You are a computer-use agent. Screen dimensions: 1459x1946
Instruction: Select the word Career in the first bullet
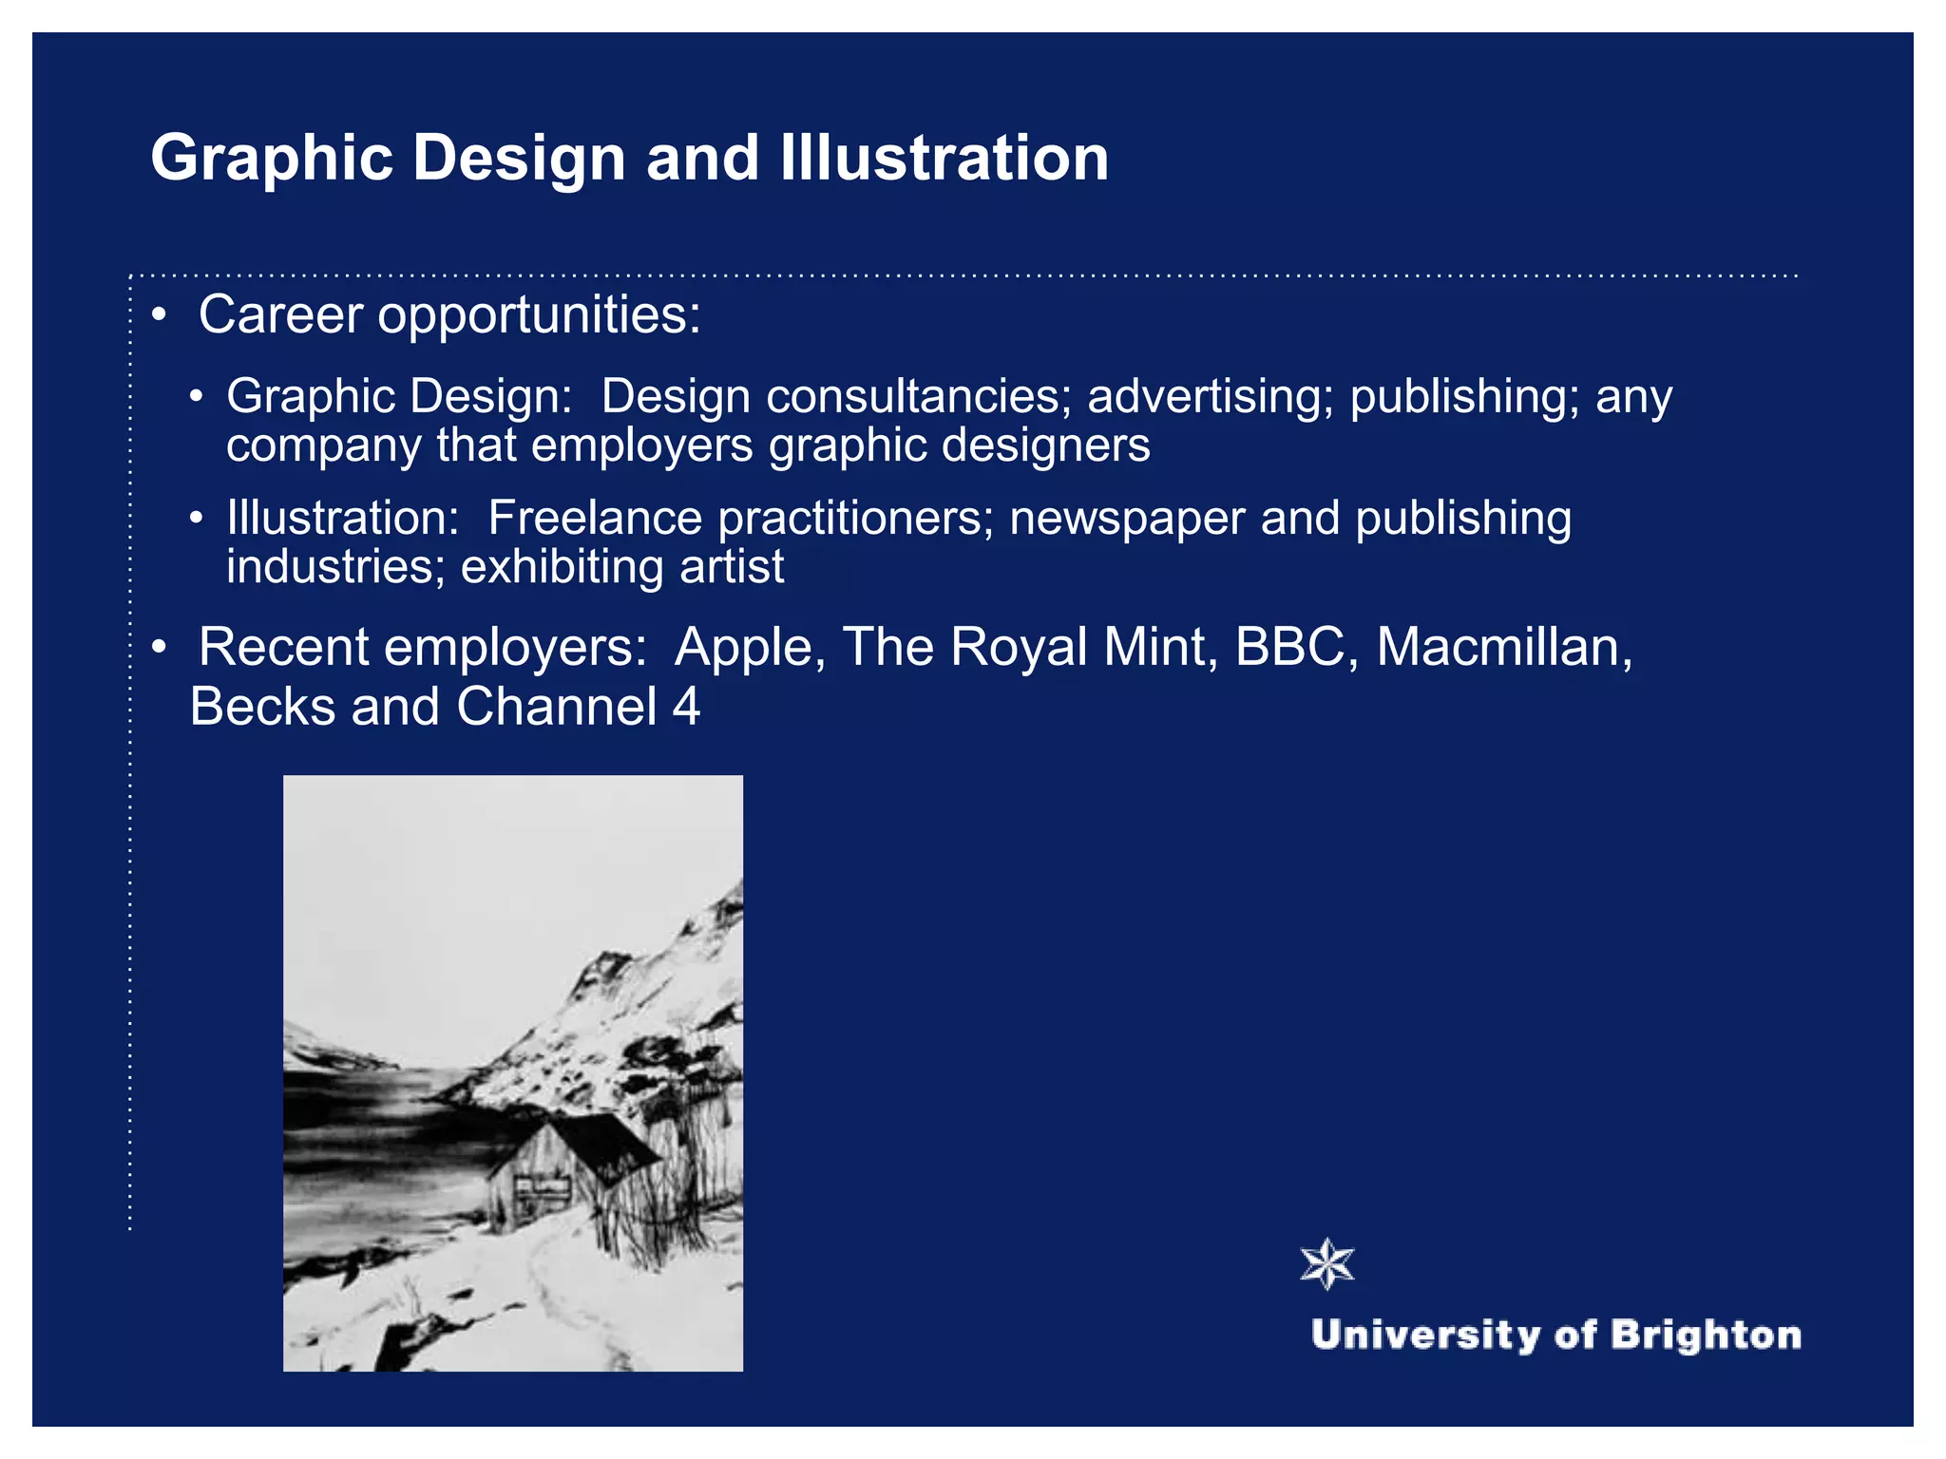280,314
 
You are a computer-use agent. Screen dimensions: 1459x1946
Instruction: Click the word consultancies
919,396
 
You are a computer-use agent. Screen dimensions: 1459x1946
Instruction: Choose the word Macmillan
1504,649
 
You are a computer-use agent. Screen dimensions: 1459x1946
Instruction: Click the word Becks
262,707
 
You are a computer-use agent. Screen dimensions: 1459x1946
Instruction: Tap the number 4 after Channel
686,707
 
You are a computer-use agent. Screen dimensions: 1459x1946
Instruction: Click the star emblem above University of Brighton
1327,1264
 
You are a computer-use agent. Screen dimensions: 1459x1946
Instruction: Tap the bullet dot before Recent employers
160,648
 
